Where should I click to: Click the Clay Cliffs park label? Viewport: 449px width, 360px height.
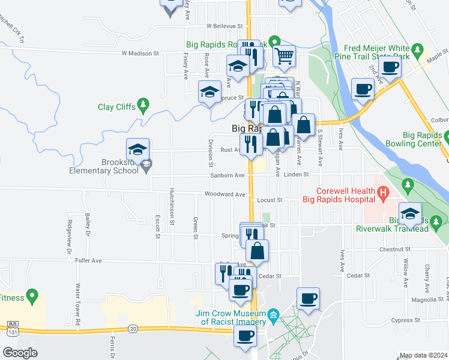pyautogui.click(x=117, y=108)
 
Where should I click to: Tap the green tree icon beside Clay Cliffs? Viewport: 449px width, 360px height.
pyautogui.click(x=143, y=106)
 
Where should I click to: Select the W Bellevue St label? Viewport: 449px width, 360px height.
pyautogui.click(x=224, y=26)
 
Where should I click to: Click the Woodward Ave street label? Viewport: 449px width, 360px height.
pyautogui.click(x=225, y=194)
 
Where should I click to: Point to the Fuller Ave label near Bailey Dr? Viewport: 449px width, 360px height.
pyautogui.click(x=89, y=260)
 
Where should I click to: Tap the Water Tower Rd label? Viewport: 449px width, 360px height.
pyautogui.click(x=77, y=305)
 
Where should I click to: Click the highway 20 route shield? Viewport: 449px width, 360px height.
pyautogui.click(x=133, y=328)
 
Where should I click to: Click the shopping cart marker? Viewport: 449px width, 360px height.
pyautogui.click(x=285, y=56)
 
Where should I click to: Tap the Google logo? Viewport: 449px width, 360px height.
pyautogui.click(x=20, y=353)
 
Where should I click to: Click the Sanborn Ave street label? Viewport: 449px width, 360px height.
pyautogui.click(x=228, y=175)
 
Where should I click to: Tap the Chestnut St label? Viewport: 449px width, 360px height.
pyautogui.click(x=394, y=248)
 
